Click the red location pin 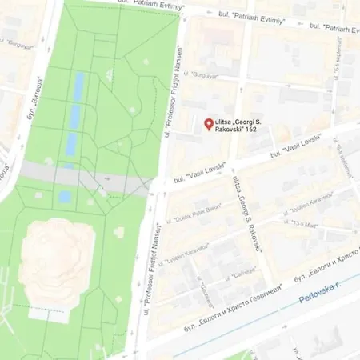pyautogui.click(x=209, y=124)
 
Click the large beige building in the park pyautogui.click(x=56, y=257)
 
